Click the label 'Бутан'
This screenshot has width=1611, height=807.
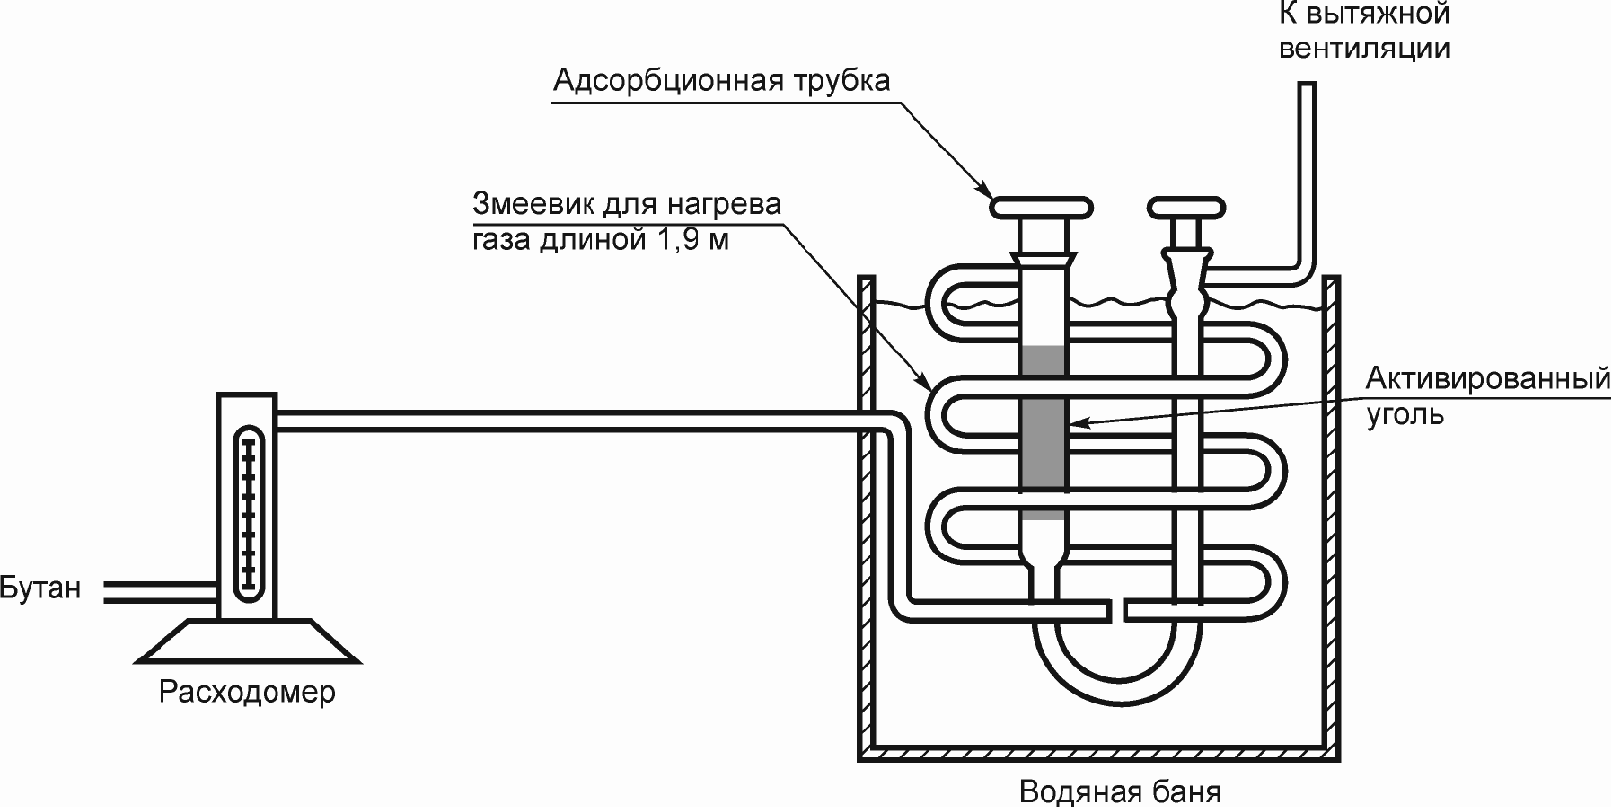[40, 588]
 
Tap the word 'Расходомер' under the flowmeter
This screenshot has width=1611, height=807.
[248, 691]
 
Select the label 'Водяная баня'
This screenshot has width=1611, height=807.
[1121, 793]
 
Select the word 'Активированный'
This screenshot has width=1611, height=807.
[1487, 379]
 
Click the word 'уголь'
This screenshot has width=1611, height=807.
[1405, 414]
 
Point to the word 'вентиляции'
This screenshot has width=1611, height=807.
[1365, 49]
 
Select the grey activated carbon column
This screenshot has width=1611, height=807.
[1043, 426]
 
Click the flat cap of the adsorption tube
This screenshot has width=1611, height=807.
[1043, 207]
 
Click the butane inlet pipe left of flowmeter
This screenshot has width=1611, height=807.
[159, 591]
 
